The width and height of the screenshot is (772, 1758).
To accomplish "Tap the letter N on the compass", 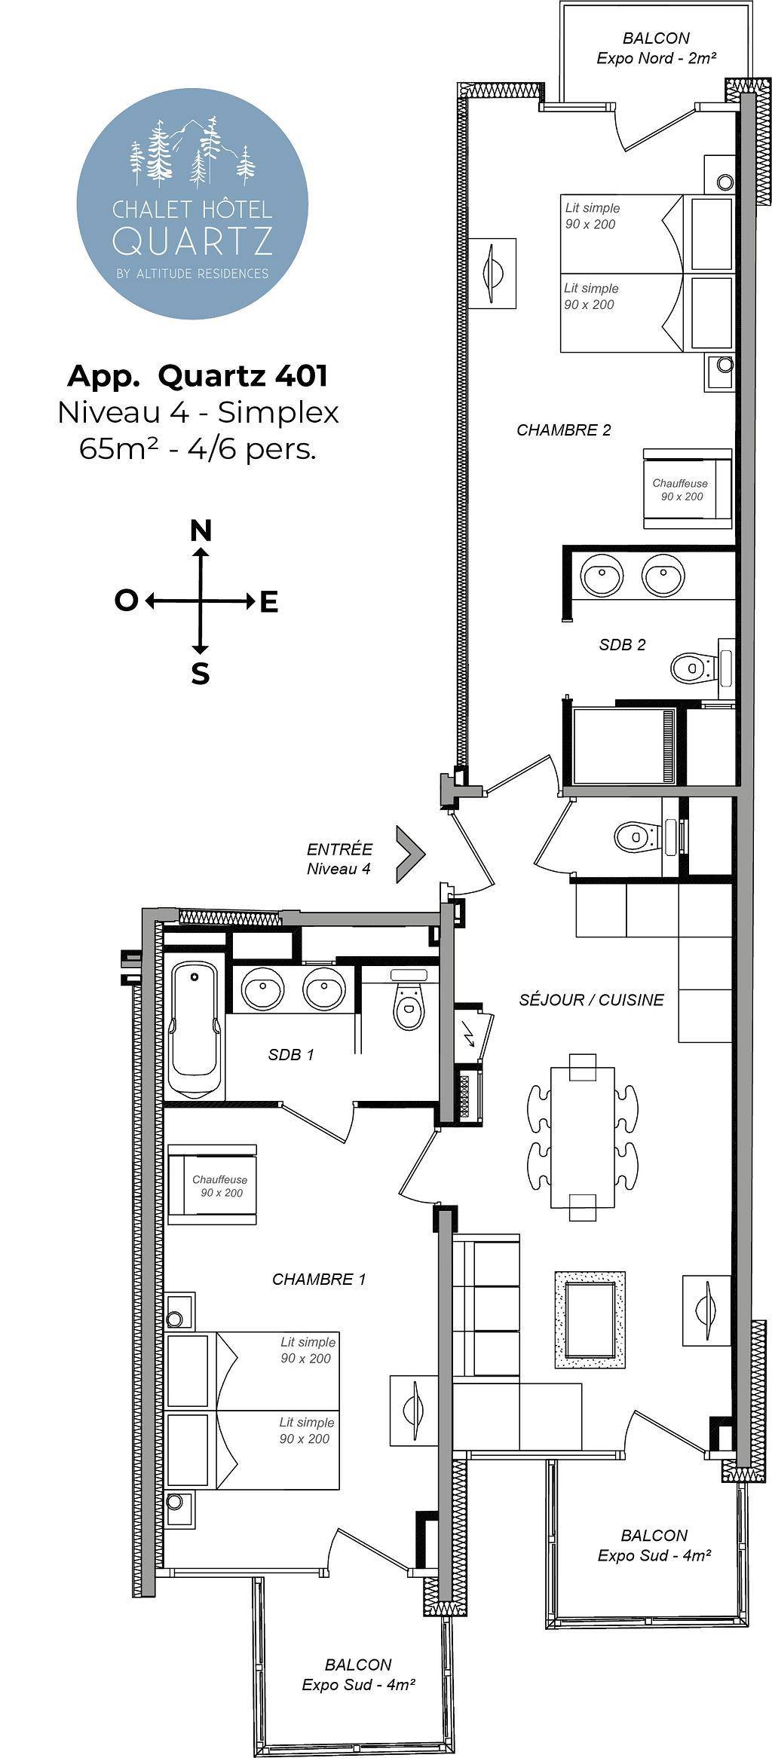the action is [x=201, y=531].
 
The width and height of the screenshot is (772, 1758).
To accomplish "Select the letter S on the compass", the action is [x=200, y=674].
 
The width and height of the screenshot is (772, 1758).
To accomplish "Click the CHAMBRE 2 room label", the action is [x=564, y=430].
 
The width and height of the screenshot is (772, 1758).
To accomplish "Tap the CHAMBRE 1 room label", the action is [x=319, y=1279].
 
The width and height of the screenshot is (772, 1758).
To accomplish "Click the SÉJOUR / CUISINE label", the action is [x=592, y=1000].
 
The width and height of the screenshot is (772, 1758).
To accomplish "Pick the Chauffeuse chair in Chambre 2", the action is [x=688, y=488].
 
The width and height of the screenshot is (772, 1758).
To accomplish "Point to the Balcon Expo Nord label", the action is [x=656, y=47].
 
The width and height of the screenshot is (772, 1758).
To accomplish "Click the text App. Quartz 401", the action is [x=198, y=375].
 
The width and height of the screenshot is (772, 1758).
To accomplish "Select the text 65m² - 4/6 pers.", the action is [x=198, y=449].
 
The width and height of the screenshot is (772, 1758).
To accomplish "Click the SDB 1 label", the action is [x=291, y=1055].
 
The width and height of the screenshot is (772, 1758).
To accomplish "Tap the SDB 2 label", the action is [x=623, y=644].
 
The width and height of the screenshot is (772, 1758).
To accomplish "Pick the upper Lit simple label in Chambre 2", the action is [x=592, y=216].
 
